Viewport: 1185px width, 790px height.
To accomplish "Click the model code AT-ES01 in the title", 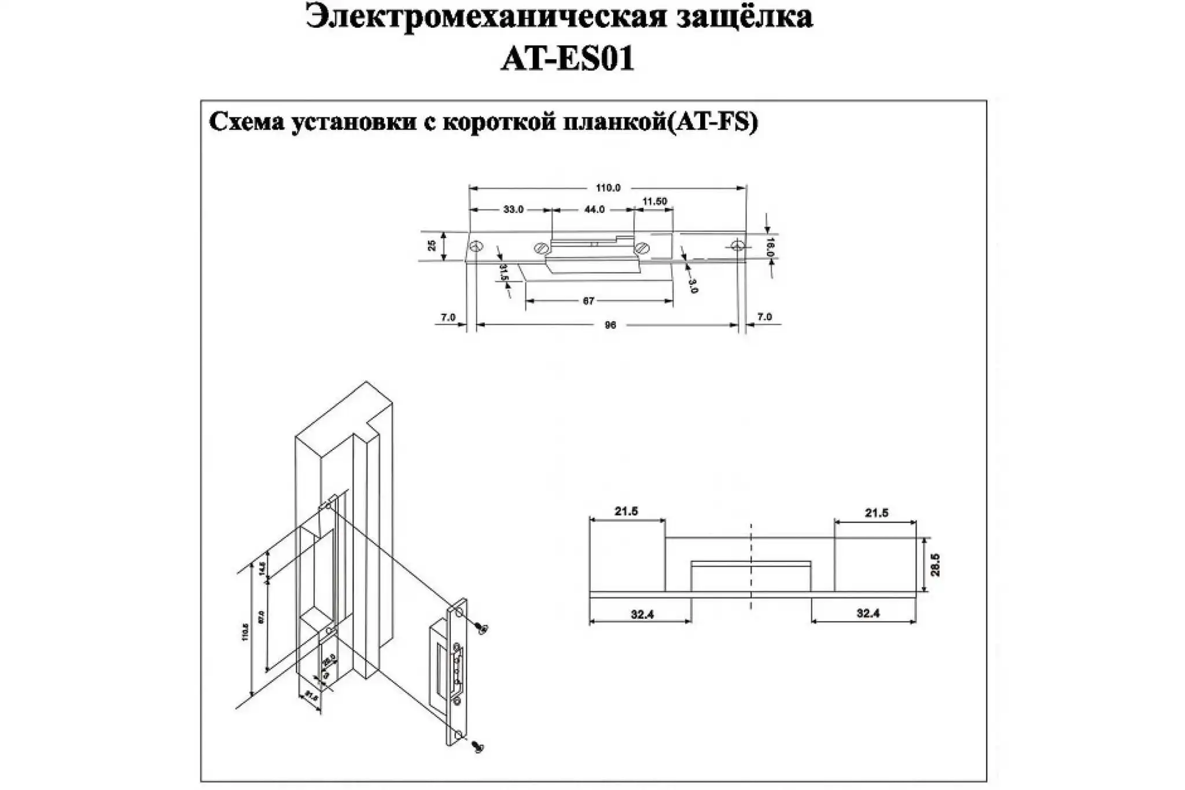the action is [x=568, y=58].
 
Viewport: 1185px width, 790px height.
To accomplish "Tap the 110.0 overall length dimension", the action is [x=608, y=188].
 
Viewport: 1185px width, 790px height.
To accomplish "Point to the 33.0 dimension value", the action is [x=513, y=210].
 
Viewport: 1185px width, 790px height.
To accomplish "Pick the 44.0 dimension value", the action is [x=594, y=210].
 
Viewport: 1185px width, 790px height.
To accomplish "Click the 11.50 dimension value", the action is [x=654, y=201].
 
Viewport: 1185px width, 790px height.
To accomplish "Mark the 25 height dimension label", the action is [x=432, y=245].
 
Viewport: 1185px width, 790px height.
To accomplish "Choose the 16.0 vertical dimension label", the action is [x=770, y=246].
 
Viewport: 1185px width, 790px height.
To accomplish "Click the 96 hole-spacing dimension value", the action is [x=610, y=325].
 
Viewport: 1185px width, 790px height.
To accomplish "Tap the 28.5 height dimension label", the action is [x=936, y=565].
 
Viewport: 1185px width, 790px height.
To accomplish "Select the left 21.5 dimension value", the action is [x=626, y=512].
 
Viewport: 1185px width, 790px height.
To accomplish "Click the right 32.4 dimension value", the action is [x=868, y=613].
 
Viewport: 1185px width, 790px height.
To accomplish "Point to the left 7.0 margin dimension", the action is [x=448, y=317].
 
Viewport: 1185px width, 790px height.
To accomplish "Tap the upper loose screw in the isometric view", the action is [x=481, y=627].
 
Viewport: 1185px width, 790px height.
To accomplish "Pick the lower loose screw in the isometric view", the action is [x=478, y=747].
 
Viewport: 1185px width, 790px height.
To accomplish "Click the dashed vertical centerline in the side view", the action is [x=750, y=567].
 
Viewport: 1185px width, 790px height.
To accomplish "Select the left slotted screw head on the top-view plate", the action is [x=542, y=248].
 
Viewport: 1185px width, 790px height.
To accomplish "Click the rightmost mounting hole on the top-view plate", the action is [x=737, y=246].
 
